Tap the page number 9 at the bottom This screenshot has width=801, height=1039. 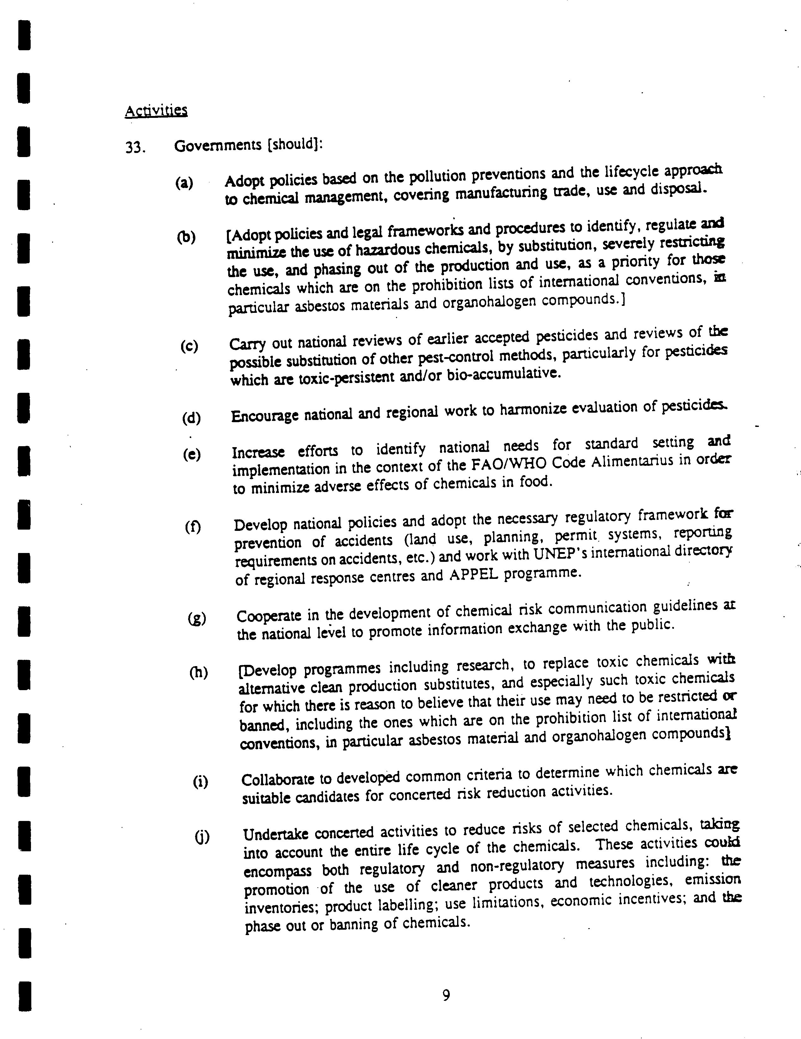coord(446,995)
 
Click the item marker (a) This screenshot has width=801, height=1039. coord(184,183)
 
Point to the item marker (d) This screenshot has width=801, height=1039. coord(191,418)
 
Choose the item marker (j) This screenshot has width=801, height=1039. coord(202,836)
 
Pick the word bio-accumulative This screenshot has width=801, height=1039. coord(504,374)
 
